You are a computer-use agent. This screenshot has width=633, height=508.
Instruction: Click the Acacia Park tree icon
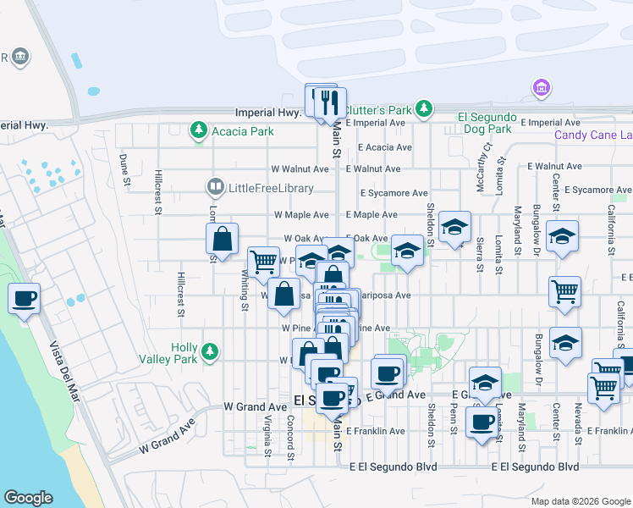[199, 130]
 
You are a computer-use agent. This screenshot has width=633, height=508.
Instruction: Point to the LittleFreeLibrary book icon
[216, 187]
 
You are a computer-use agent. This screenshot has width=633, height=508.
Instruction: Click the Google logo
[28, 498]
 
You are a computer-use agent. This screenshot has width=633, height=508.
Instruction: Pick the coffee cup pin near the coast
[23, 299]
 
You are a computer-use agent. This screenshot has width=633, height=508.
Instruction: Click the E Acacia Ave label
[384, 146]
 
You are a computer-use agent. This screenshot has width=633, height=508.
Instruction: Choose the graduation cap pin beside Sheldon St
[454, 228]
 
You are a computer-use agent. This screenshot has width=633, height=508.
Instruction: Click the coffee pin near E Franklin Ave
[482, 422]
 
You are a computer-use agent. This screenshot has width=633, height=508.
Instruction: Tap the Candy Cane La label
[593, 135]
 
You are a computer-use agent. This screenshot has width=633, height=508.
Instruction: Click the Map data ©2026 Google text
[581, 501]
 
